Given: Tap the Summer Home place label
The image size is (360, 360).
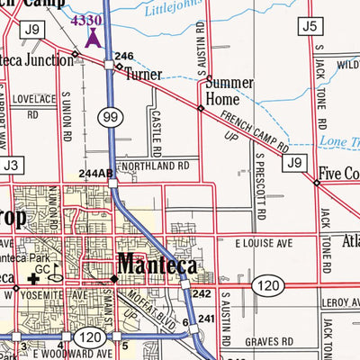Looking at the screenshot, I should (229, 91).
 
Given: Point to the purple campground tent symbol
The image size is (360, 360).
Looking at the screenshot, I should (92, 38).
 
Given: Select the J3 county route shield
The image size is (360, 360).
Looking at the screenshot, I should (11, 166).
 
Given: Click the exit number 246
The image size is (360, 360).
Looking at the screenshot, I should (123, 56).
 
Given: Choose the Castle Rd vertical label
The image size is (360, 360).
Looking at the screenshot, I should (156, 118).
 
